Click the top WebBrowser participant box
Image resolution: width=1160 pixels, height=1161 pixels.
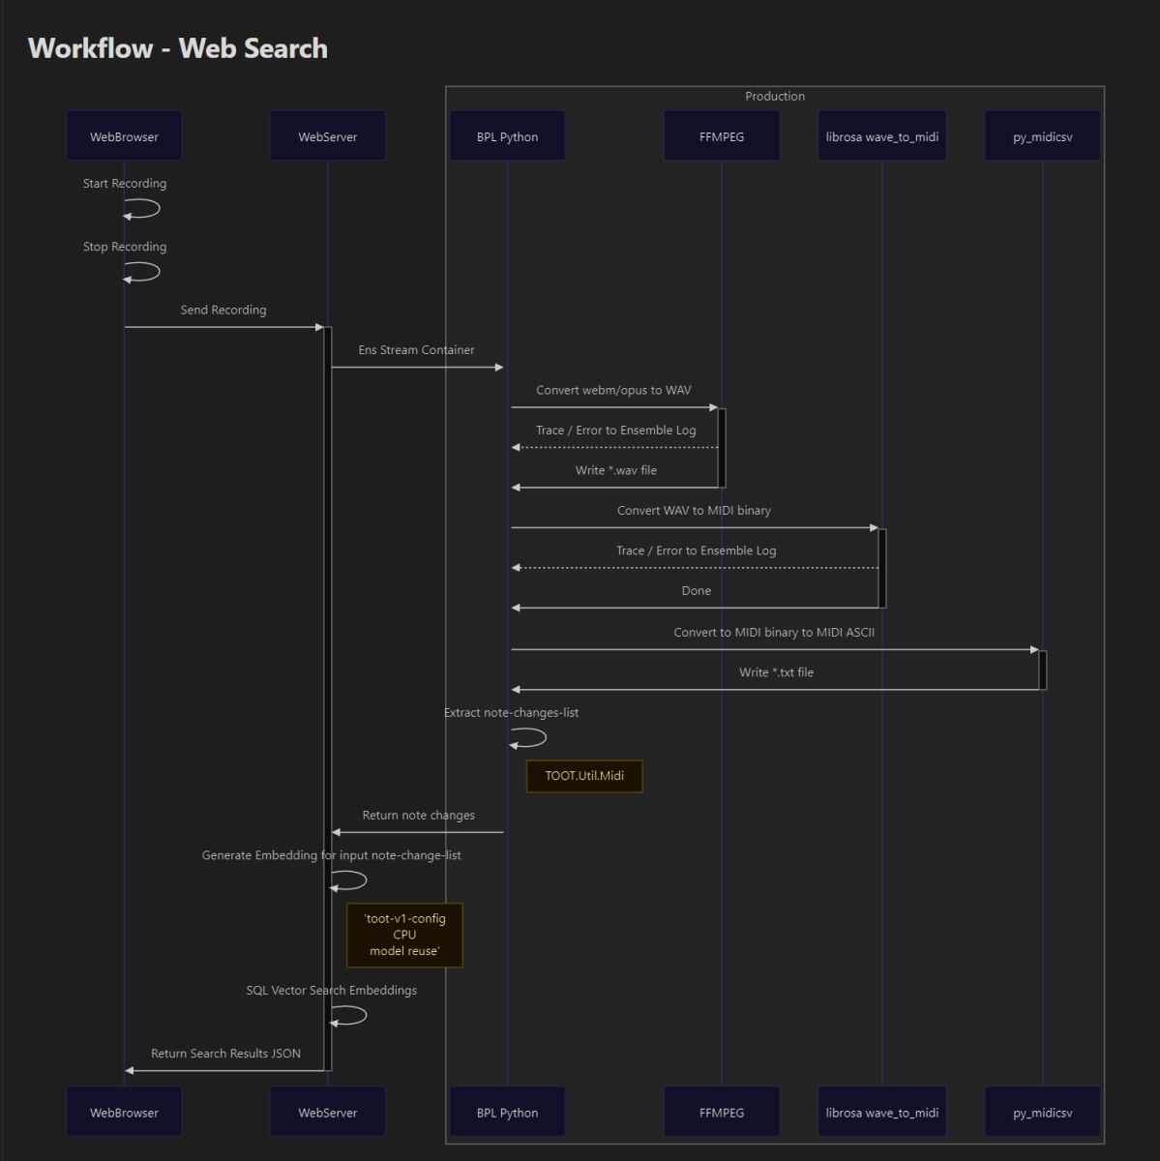pos(124,135)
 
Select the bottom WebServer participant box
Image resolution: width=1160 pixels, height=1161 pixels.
pos(327,1112)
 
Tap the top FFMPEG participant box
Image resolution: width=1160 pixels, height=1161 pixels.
pos(722,135)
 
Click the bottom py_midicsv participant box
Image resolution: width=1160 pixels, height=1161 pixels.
pos(1043,1112)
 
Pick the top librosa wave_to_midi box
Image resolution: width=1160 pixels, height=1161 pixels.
pos(881,135)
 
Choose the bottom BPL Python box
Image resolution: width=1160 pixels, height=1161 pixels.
pos(507,1112)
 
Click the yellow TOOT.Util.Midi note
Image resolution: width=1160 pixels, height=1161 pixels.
pos(584,776)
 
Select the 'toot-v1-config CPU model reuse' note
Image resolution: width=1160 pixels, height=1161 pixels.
pos(404,935)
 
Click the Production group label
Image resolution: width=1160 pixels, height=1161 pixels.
pos(774,97)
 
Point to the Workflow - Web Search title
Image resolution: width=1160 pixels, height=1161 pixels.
pos(178,48)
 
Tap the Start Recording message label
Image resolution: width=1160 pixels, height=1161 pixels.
pos(125,183)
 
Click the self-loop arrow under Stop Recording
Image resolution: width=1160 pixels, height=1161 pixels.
pos(142,272)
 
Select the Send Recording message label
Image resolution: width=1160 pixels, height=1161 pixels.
pos(223,310)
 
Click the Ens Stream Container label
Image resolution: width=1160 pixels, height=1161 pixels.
pos(416,350)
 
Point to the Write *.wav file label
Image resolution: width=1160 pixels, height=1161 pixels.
pos(616,470)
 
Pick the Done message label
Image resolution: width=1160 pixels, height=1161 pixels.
pos(696,591)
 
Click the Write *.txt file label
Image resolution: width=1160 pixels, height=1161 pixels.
pos(776,672)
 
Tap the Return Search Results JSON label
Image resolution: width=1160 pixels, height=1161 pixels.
pos(225,1054)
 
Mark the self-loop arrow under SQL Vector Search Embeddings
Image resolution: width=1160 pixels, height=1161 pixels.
pos(349,1016)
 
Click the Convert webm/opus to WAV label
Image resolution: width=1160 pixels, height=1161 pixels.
pos(613,391)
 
